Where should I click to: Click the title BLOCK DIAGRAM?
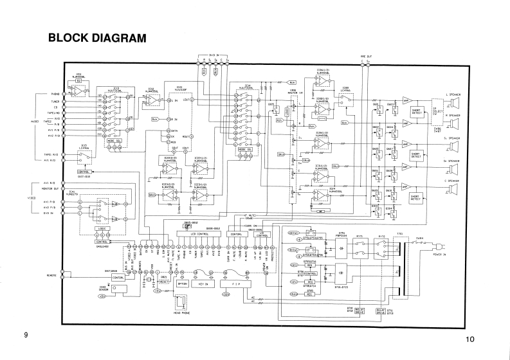tap(97, 39)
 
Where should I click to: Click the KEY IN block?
tap(204, 283)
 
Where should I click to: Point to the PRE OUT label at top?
tap(366, 56)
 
